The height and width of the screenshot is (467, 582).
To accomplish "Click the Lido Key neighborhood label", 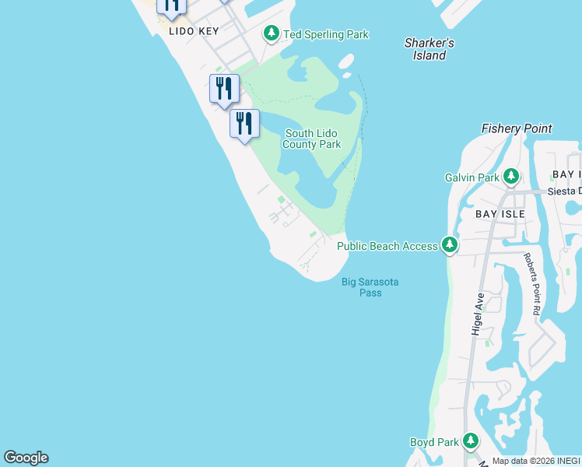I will (194, 31).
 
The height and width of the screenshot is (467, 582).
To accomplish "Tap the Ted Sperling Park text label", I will (325, 34).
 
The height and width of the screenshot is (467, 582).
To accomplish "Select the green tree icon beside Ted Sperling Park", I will (272, 33).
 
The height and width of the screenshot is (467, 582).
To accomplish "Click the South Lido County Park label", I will (311, 139).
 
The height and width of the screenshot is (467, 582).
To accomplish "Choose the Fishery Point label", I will (517, 128).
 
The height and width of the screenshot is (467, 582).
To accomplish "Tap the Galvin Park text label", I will (472, 177).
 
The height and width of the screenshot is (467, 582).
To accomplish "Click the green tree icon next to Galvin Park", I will (511, 177).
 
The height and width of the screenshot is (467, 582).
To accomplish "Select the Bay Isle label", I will (500, 213).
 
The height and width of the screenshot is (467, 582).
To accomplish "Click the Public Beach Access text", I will (387, 246).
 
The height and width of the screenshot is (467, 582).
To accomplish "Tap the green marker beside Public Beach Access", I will (449, 245).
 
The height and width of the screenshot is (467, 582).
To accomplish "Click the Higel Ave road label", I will (479, 314).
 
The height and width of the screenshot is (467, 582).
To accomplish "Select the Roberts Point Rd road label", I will (532, 283).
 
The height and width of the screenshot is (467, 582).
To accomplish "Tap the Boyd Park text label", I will (434, 442).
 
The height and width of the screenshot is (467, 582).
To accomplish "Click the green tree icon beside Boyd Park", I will (470, 441).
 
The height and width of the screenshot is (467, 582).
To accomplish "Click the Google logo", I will (26, 458).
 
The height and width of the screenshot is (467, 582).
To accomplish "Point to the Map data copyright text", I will (536, 461).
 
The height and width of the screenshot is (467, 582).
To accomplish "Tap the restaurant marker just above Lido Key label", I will (171, 6).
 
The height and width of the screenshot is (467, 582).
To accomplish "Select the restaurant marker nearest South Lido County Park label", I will (244, 125).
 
